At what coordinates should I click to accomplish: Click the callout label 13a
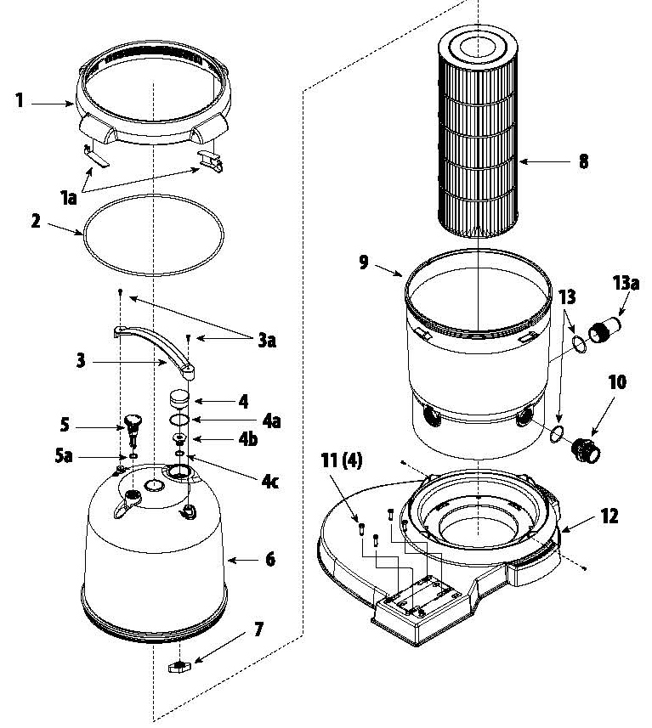point(626,282)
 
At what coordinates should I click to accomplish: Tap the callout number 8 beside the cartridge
point(583,161)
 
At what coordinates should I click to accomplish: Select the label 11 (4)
point(342,461)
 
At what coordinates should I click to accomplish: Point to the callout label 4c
point(269,482)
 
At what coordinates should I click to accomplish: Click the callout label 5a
point(64,456)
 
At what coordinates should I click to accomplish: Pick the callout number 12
point(609,516)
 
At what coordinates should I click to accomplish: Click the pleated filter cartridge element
point(479,135)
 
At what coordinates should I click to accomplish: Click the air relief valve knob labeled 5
point(133,428)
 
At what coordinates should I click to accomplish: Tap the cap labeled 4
point(179,399)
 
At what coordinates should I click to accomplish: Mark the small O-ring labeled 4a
point(179,420)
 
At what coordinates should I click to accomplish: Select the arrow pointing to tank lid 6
point(241,560)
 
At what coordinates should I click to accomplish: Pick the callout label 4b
point(247,439)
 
